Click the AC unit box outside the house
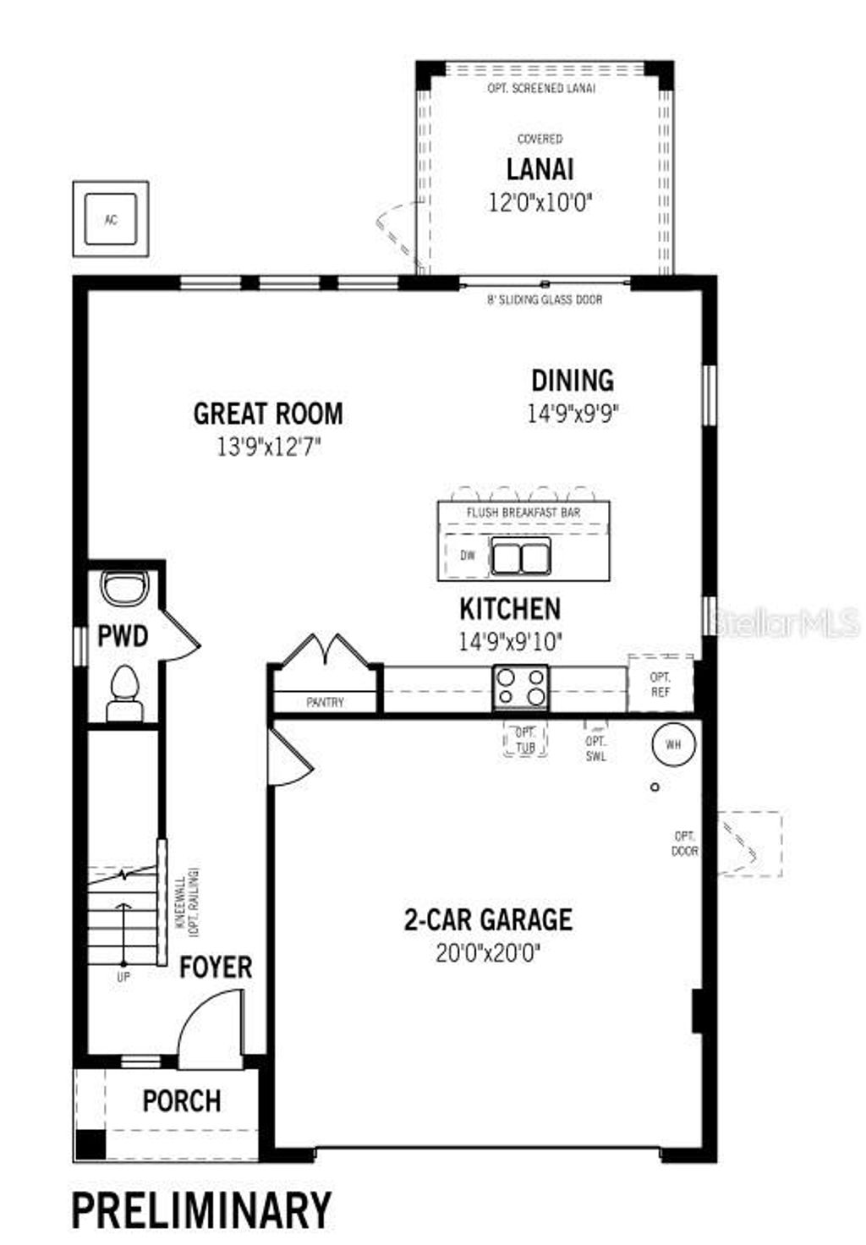(111, 220)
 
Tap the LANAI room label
(540, 169)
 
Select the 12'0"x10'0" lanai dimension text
(540, 203)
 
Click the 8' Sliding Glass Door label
(545, 299)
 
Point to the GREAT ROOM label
(268, 414)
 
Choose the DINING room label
(573, 381)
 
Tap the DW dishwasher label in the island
(468, 556)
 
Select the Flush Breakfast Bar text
(523, 513)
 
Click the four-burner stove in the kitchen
(521, 687)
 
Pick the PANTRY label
(325, 702)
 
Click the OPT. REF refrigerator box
(660, 684)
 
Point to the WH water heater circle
(673, 745)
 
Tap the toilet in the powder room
(124, 692)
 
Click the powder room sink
(124, 587)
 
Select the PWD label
(123, 636)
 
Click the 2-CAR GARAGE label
(488, 919)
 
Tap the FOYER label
(216, 968)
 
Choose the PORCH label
(182, 1101)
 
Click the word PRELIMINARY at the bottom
(201, 1209)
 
